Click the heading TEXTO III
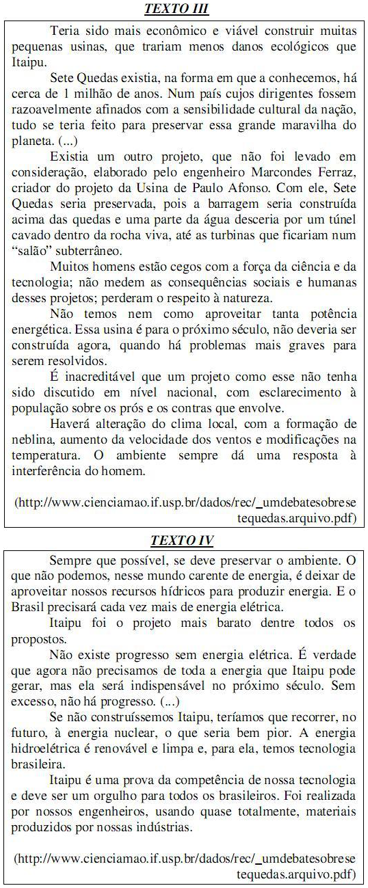pos(176,9)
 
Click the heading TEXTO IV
pos(182,541)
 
